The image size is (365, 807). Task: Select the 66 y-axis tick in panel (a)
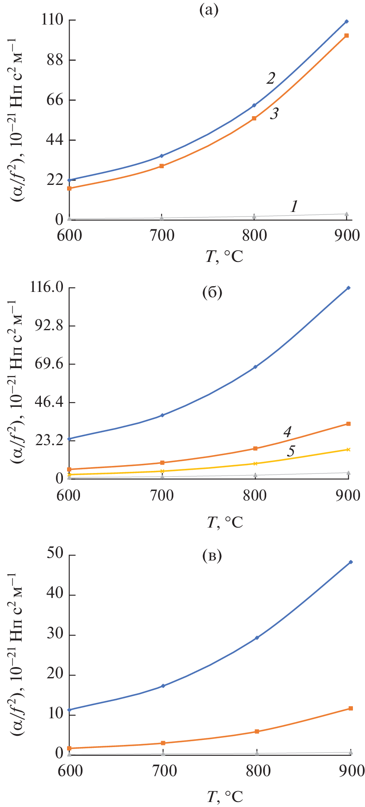[x=55, y=100]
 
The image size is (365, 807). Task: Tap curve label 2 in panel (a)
[x=271, y=78]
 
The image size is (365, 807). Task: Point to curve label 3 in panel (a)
[x=274, y=113]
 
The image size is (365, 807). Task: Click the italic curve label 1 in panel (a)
[x=294, y=206]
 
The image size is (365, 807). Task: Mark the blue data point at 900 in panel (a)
[x=346, y=21]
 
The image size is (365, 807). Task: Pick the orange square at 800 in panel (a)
[x=254, y=118]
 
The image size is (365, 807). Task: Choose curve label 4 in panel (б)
[x=287, y=432]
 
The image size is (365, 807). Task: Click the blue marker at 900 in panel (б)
[x=348, y=288]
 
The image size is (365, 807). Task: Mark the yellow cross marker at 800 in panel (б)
[x=255, y=463]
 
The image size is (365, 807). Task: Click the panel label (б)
[x=212, y=293]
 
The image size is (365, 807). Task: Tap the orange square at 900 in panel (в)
[x=350, y=708]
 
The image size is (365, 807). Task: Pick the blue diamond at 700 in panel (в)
[x=163, y=686]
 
